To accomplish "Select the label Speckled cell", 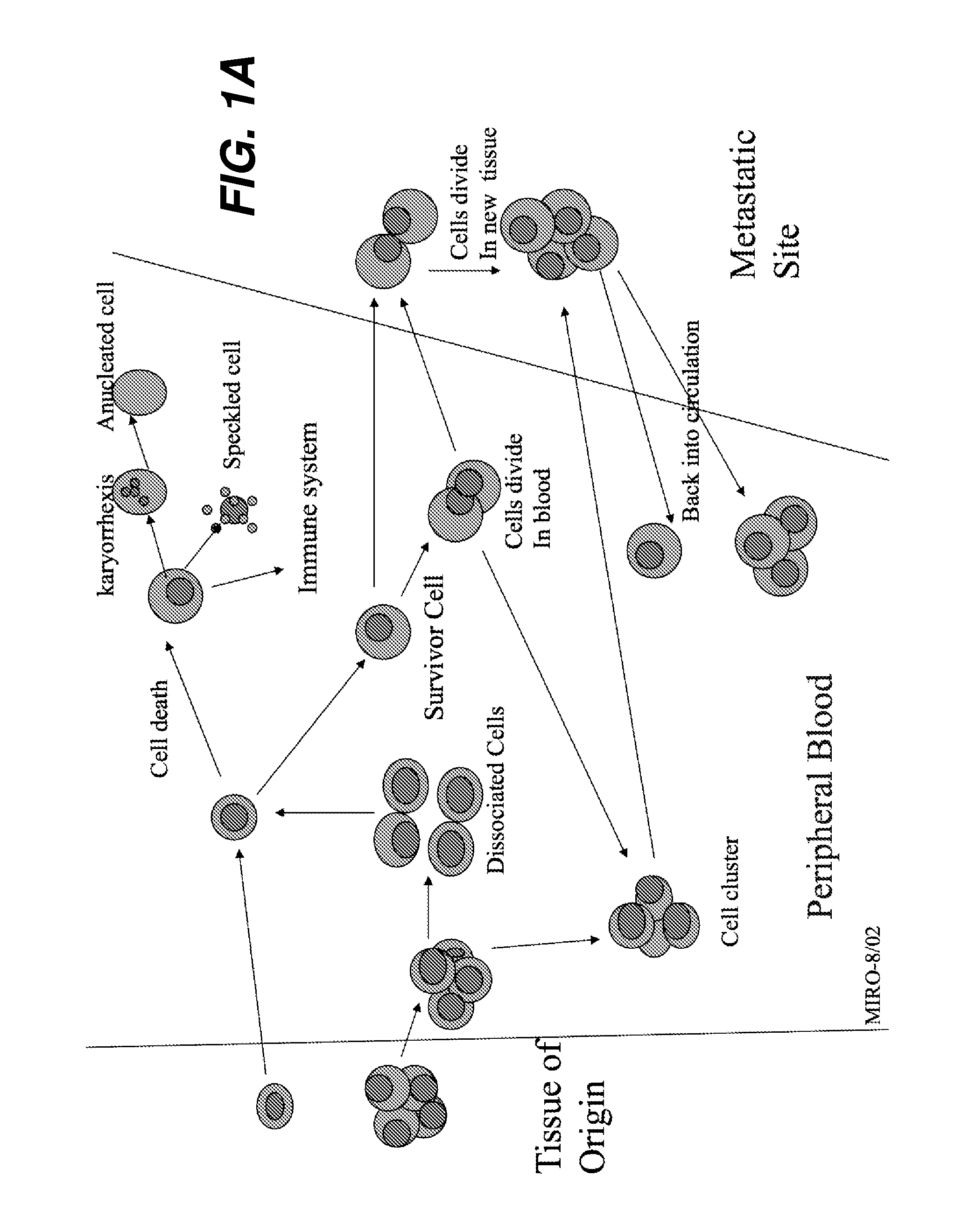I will pos(232,405).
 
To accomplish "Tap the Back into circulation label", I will pos(691,420).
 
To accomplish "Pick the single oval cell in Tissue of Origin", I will pos(275,1105).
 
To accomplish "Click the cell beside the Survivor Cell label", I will pos(382,631).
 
